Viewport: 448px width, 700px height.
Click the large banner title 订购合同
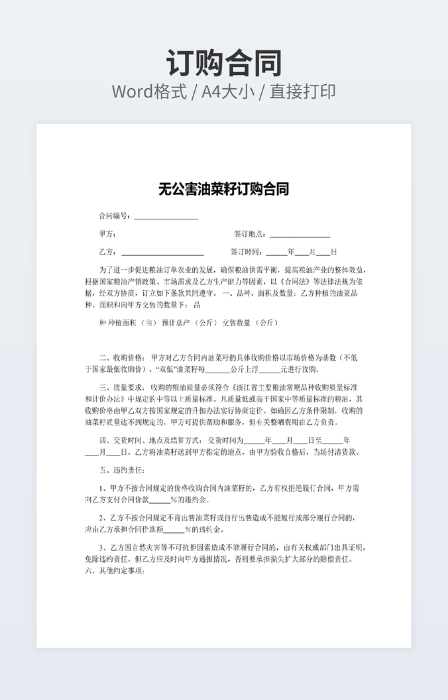pos(224,64)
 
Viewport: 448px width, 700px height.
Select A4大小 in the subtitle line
pos(228,91)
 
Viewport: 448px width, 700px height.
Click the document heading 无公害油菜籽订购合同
pos(224,190)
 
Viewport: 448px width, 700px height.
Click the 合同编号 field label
pos(115,216)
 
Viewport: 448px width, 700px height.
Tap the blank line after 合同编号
pos(166,217)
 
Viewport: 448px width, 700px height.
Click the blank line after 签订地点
pos(300,235)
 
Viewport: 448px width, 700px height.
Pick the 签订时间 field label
pos(247,252)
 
